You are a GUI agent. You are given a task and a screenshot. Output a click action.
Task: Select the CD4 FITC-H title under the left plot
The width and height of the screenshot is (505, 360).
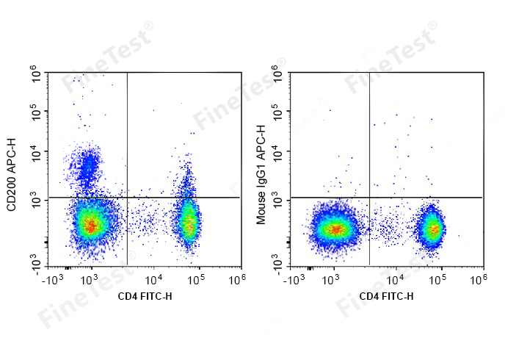coord(145,297)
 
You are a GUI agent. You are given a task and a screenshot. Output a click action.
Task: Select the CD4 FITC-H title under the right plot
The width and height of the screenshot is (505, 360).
coord(386,297)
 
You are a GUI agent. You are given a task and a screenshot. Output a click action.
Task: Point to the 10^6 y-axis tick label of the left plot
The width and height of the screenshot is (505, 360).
coord(34,72)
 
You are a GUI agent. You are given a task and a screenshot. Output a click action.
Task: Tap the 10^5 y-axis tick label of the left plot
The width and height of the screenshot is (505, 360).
coord(34,112)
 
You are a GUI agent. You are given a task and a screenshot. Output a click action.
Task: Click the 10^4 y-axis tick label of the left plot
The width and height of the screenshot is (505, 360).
coord(34,152)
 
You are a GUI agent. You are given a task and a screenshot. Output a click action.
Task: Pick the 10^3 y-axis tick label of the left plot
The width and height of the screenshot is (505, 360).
coord(34,199)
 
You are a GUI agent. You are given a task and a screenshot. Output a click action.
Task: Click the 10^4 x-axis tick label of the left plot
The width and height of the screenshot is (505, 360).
coord(153,279)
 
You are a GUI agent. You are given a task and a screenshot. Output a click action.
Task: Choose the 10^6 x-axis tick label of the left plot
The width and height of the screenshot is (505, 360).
coord(236,279)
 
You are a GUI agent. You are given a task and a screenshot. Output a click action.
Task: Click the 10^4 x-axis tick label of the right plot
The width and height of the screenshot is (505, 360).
coord(395,279)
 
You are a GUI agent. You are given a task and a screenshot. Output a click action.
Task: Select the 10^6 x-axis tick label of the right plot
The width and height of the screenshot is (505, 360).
coord(478,279)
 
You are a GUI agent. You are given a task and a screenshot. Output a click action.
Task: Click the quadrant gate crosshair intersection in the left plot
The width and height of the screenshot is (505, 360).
coord(128,198)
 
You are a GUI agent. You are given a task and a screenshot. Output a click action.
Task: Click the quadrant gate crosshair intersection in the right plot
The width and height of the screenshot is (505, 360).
coord(369,198)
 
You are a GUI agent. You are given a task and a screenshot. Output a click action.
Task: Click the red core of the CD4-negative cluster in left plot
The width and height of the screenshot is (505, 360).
coord(89,226)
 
